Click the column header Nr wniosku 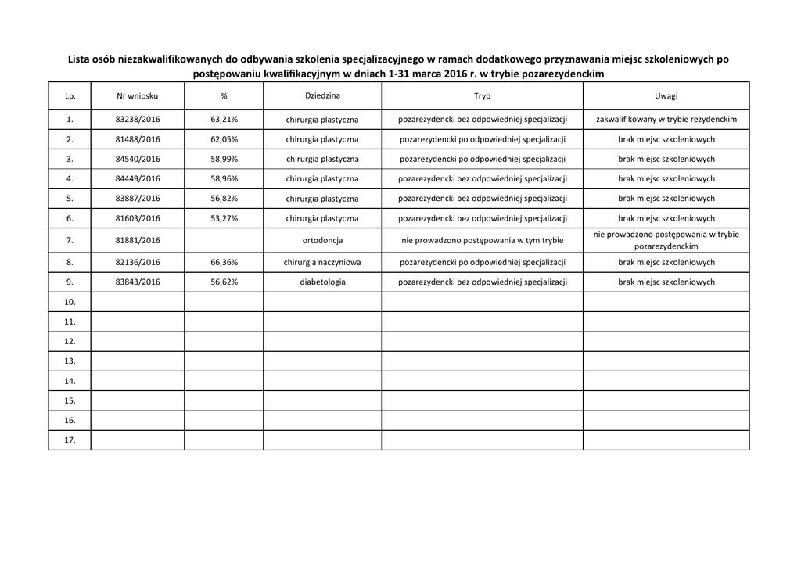138,96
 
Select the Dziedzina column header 322,95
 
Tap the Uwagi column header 666,96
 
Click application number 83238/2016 138,120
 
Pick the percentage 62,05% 224,139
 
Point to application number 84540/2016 138,159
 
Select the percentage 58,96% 224,179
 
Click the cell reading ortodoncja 322,241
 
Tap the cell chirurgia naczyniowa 322,263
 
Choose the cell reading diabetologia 322,282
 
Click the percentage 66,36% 224,263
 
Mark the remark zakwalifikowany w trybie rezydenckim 666,120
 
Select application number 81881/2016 138,241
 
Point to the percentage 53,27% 224,219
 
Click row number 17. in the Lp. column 70,440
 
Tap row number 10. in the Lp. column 70,302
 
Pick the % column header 224,96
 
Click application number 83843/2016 138,282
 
